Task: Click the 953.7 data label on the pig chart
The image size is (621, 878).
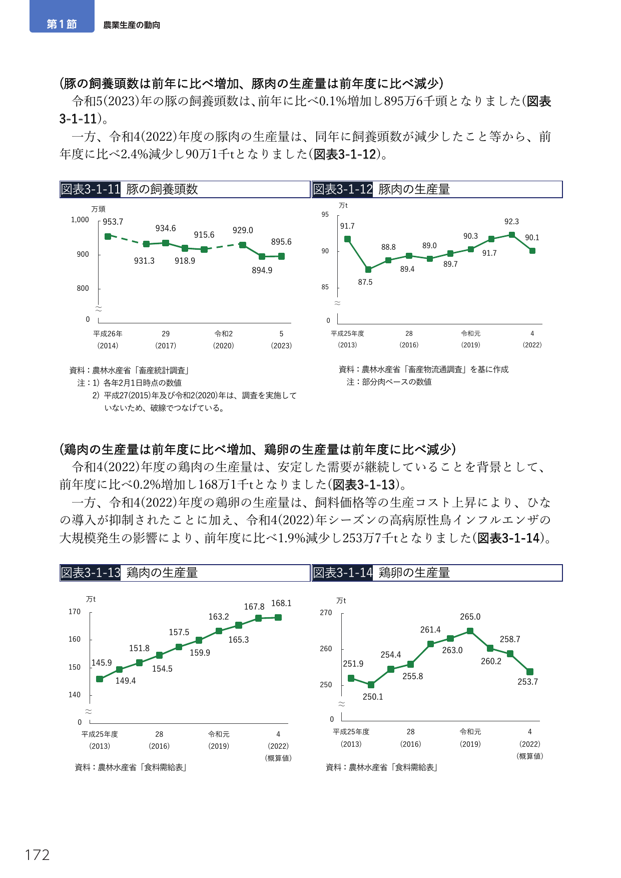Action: point(113,222)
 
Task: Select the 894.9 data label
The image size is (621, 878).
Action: point(262,270)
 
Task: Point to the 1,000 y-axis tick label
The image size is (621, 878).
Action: point(80,220)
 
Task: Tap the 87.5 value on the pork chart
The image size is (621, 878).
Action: point(365,282)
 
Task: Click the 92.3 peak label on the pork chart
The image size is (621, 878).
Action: point(511,221)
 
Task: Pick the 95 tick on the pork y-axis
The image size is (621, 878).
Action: point(325,214)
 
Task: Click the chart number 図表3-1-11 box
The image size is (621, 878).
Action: point(91,189)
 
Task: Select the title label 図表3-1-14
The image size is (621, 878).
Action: point(343,573)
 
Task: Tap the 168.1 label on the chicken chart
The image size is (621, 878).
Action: point(281,603)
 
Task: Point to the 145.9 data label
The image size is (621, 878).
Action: point(102,663)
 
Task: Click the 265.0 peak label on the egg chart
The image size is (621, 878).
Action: point(470,617)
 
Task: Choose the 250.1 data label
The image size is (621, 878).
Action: point(373,697)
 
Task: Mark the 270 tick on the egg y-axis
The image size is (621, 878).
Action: point(326,613)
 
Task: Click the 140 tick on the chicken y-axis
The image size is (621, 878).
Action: point(75,695)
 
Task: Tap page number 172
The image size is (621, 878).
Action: point(38,854)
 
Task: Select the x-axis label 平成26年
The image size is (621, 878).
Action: point(108,334)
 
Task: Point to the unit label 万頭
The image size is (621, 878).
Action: point(98,209)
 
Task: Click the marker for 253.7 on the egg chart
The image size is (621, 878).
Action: point(530,672)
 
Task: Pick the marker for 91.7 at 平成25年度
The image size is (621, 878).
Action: point(347,239)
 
